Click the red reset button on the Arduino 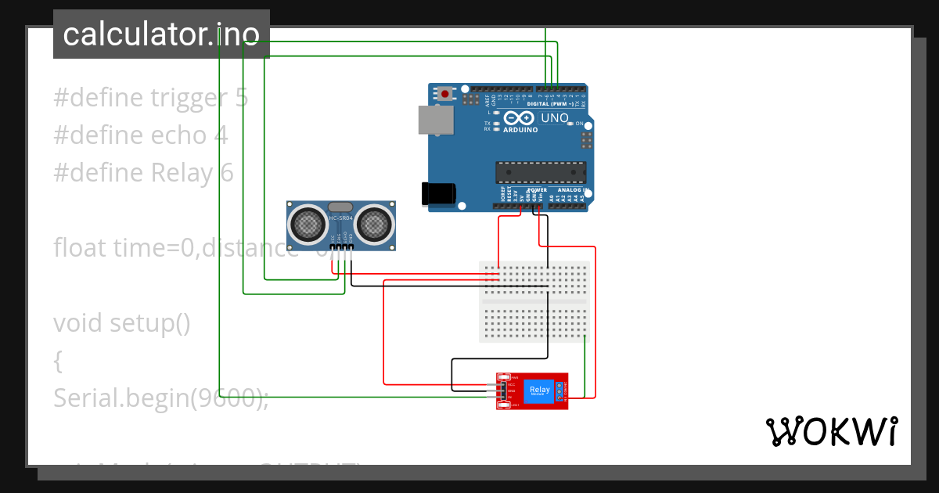tap(445, 94)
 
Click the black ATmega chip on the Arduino tap(540, 172)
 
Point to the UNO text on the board tap(555, 118)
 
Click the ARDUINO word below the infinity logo tap(520, 130)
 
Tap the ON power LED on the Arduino tap(570, 124)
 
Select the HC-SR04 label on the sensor tap(341, 218)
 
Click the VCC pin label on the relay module tap(511, 384)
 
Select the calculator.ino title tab tap(161, 34)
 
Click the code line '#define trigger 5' tap(151, 98)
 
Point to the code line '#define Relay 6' tap(143, 173)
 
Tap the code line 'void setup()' tap(122, 322)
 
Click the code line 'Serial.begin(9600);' tap(161, 398)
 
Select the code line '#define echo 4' tap(141, 135)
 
